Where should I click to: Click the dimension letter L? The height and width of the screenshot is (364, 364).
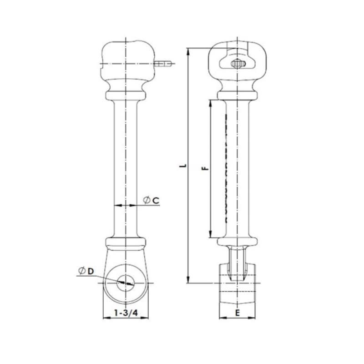point(182,166)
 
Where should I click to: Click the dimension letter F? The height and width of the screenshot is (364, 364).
point(205,168)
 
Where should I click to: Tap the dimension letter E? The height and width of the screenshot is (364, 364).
point(237,313)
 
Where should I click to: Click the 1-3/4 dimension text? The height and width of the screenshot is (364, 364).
point(126,313)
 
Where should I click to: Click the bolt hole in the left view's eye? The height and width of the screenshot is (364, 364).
point(125,283)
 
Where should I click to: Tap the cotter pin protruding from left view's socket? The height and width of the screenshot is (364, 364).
point(163,64)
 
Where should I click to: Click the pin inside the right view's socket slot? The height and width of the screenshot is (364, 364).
point(237,64)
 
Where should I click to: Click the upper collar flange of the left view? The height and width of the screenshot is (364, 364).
point(125,95)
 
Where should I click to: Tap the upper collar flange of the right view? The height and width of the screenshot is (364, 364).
point(237,95)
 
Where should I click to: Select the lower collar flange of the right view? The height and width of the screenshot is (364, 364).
point(237,241)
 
